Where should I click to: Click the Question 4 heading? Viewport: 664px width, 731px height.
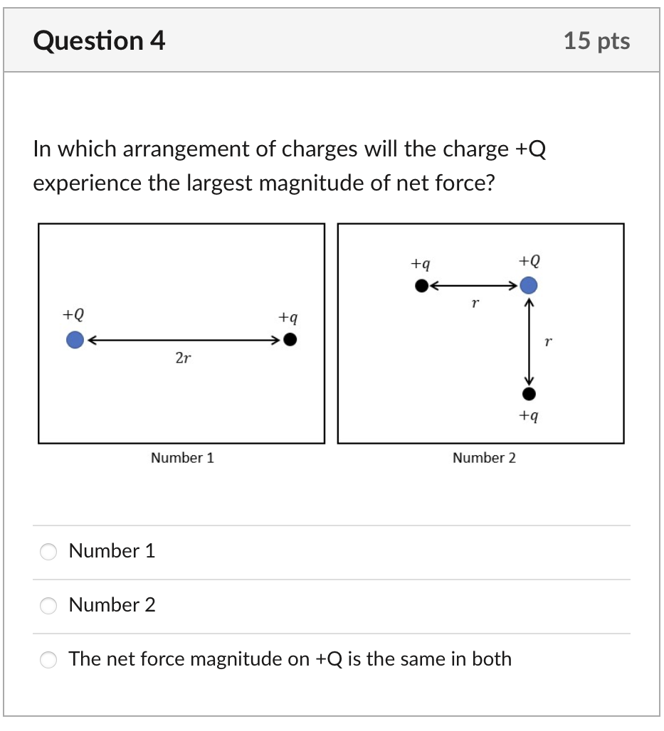tap(99, 41)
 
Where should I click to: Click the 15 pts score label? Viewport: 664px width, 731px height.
tap(596, 41)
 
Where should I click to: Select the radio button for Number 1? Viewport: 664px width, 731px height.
tap(48, 552)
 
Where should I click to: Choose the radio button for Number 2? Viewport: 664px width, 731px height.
tap(48, 606)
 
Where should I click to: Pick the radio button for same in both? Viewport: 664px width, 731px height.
tap(48, 660)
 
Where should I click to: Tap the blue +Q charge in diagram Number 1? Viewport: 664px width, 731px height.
tap(75, 341)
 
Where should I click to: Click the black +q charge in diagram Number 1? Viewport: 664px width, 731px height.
tap(289, 340)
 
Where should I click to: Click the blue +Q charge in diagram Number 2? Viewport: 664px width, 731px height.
tap(528, 286)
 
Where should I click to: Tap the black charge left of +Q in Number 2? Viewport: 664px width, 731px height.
tap(421, 287)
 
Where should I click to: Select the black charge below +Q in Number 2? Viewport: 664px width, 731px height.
tap(528, 393)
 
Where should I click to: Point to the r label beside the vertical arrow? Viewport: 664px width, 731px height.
tap(547, 341)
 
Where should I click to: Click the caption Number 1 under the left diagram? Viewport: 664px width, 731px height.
tap(182, 458)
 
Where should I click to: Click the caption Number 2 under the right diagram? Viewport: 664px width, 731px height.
tap(484, 458)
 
